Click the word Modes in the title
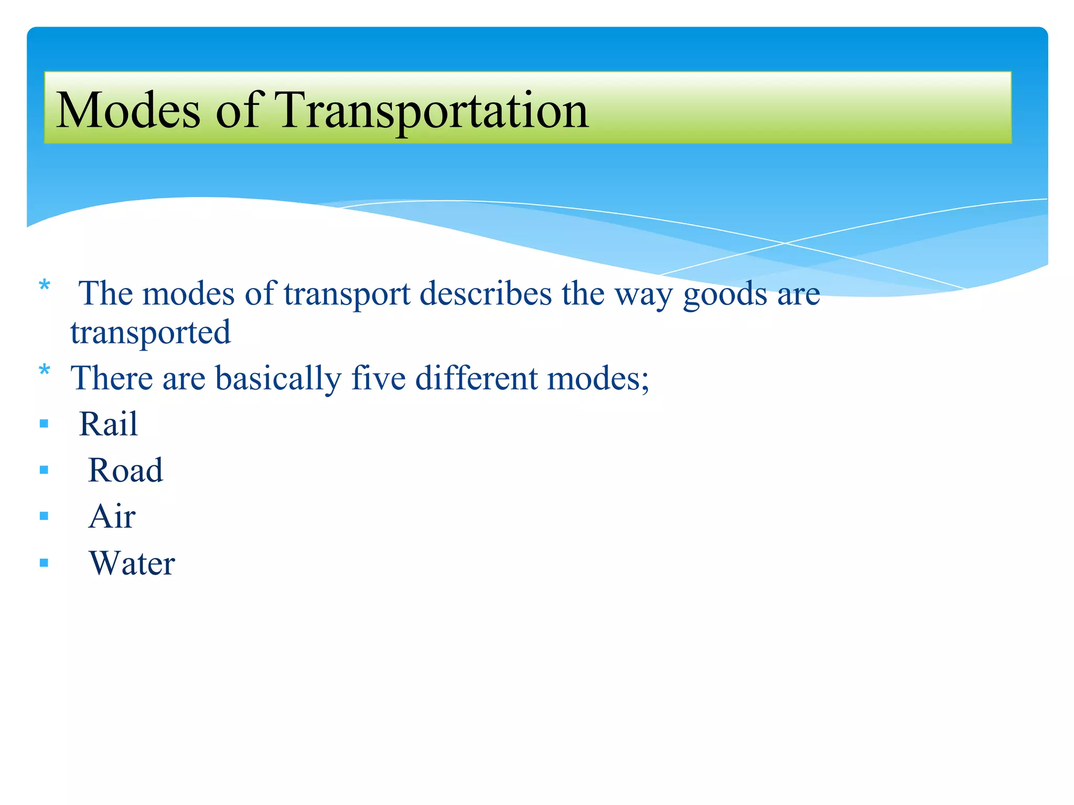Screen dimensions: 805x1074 [x=128, y=110]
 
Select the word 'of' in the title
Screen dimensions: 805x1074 [x=237, y=110]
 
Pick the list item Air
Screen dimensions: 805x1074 [x=112, y=516]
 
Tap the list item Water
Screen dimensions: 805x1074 [x=132, y=563]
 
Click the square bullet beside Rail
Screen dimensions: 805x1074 [x=44, y=423]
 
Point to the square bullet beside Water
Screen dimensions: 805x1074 [x=44, y=563]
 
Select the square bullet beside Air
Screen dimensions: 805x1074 [x=44, y=517]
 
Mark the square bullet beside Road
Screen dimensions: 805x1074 [x=44, y=470]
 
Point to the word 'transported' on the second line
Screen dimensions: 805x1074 [x=151, y=333]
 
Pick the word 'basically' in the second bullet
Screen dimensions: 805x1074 [x=278, y=378]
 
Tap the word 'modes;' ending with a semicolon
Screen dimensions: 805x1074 [x=598, y=378]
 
